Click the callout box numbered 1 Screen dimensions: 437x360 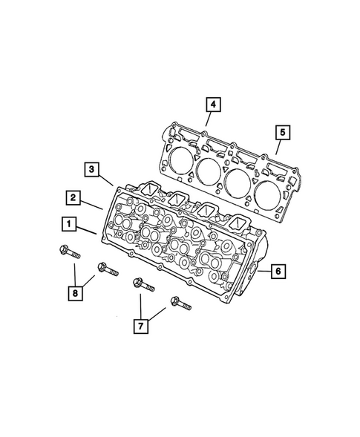point(68,222)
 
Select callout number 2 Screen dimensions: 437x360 point(73,197)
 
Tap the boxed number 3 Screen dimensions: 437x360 point(91,170)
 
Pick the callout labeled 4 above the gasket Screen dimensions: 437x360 point(212,105)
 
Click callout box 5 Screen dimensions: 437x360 point(282,133)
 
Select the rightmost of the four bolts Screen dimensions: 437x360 point(182,305)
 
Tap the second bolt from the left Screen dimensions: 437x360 point(106,269)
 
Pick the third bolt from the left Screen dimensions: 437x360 point(143,286)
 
